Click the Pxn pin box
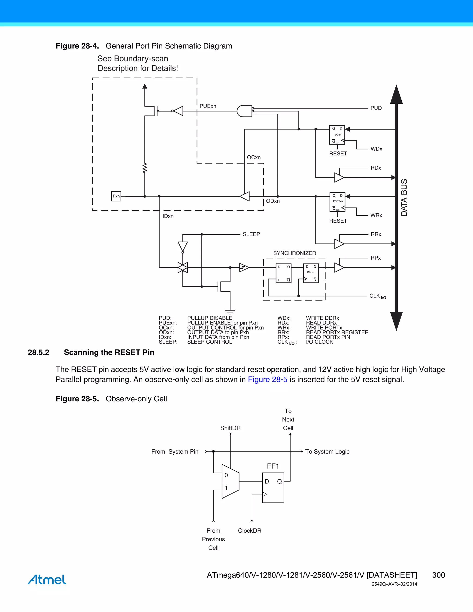[x=116, y=196]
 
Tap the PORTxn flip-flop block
[x=337, y=202]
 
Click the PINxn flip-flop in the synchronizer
[x=311, y=273]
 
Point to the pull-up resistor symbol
[x=145, y=168]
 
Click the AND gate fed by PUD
[x=244, y=111]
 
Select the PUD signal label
[x=376, y=108]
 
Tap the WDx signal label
[x=376, y=149]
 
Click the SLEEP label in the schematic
[x=251, y=234]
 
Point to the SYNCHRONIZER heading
[x=294, y=253]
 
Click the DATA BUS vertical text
[x=404, y=197]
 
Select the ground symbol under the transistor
[x=230, y=311]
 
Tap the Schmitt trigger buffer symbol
[x=244, y=268]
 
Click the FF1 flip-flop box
[x=273, y=488]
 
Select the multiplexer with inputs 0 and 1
[x=230, y=482]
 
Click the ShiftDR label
[x=230, y=428]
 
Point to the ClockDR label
[x=249, y=530]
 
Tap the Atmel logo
[x=47, y=579]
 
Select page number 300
[x=438, y=575]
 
